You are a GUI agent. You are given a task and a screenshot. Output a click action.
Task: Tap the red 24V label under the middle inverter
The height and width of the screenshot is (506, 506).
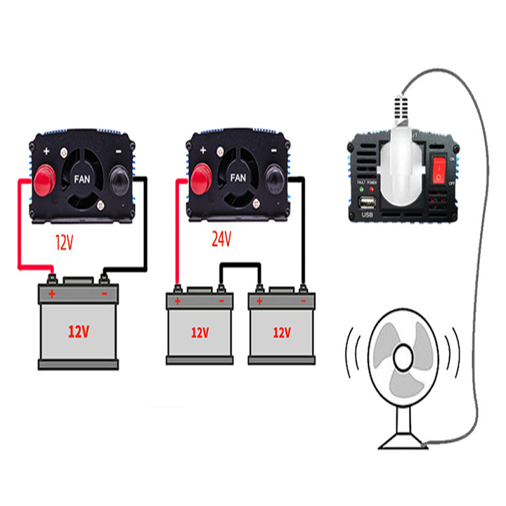(221, 240)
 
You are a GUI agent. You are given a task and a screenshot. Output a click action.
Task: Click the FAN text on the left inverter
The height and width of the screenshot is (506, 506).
(82, 179)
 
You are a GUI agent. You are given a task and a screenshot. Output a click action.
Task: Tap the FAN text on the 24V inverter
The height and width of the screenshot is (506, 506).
(239, 178)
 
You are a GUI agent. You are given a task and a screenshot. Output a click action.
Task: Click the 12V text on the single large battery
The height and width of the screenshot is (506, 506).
(78, 331)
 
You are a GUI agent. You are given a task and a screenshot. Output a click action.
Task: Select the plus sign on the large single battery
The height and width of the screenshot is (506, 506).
(51, 292)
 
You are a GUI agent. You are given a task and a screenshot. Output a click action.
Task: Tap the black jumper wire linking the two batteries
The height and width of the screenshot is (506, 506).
(241, 266)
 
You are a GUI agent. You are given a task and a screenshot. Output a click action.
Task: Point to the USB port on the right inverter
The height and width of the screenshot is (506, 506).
(365, 204)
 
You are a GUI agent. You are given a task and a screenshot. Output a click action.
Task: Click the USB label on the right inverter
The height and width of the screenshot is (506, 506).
(365, 216)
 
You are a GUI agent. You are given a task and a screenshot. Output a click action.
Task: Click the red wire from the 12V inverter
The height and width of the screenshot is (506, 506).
(20, 225)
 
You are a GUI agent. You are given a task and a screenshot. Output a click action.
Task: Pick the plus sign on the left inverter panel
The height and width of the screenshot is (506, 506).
(46, 151)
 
